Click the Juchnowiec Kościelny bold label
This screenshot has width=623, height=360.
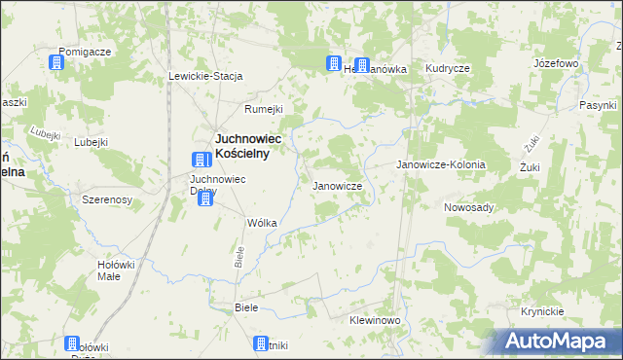[248, 145]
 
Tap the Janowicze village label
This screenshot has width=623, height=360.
[337, 185]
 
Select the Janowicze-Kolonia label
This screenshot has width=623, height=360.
[440, 165]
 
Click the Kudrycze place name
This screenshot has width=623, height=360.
[448, 68]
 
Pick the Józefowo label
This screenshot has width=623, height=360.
[557, 62]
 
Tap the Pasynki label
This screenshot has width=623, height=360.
[598, 104]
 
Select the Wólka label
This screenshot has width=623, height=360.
[263, 223]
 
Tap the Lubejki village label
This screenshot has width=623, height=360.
[90, 142]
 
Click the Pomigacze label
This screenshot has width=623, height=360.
[85, 51]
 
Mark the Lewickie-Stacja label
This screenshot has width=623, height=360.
[205, 76]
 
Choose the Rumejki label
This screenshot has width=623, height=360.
[264, 109]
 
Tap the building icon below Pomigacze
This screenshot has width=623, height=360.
[56, 63]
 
